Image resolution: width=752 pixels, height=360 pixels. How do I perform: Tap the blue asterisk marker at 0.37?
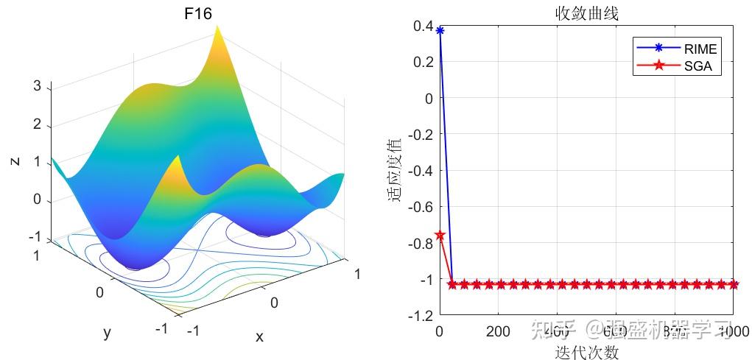pyautogui.click(x=440, y=31)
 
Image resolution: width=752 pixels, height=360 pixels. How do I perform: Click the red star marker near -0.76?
pyautogui.click(x=440, y=235)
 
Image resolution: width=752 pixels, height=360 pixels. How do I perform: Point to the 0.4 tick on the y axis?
pyautogui.click(x=424, y=26)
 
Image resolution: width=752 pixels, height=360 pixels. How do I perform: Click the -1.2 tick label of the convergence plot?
pyautogui.click(x=420, y=316)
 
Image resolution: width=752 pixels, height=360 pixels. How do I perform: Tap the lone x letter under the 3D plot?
pyautogui.click(x=259, y=336)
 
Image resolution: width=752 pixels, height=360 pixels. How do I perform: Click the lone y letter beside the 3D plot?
pyautogui.click(x=107, y=333)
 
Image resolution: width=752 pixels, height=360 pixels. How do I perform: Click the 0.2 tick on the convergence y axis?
pyautogui.click(x=424, y=62)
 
